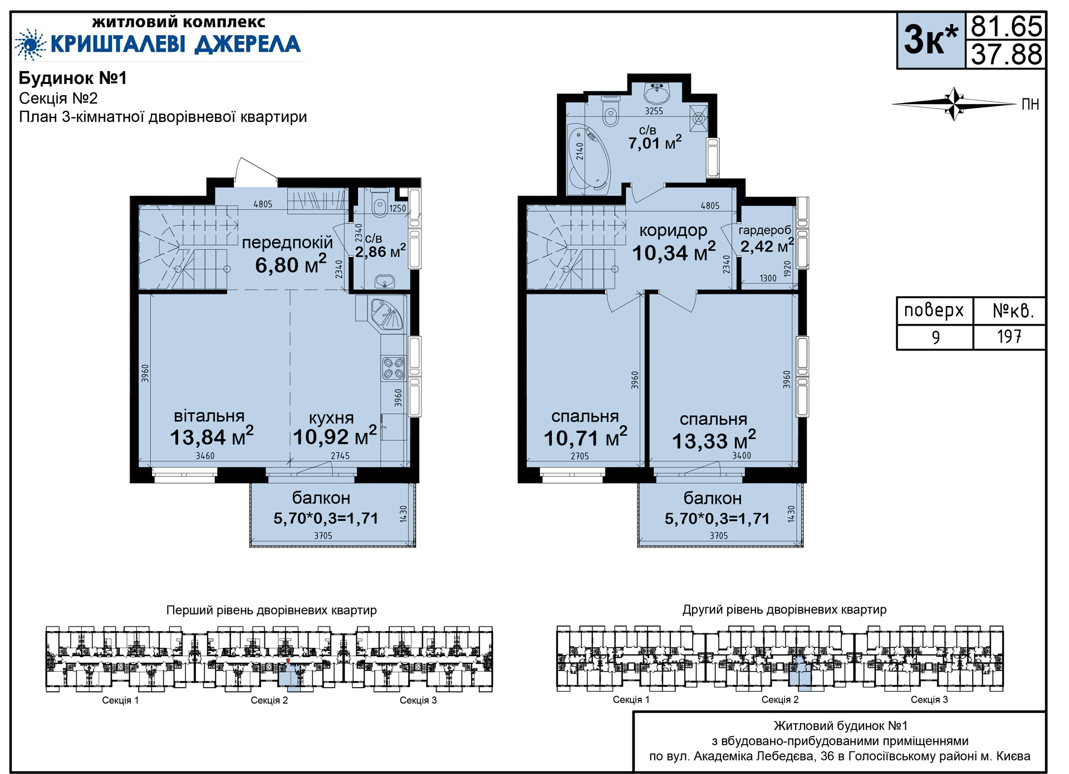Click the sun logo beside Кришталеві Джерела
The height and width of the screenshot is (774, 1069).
coord(30,44)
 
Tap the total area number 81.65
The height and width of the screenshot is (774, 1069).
coord(1006,26)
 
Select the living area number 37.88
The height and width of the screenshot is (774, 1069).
coord(1006,55)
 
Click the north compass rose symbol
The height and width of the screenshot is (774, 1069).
coord(954,103)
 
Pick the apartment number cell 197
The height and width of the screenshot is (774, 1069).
coord(1009,337)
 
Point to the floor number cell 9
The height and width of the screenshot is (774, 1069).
coord(935,337)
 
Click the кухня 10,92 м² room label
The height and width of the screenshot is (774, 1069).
coord(335,428)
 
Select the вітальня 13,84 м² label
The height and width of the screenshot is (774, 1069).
coord(212,427)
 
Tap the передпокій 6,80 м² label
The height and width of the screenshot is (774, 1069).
coord(287,254)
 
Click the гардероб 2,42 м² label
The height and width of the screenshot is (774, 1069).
coord(767,239)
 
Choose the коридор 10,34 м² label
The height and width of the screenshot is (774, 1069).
coord(674,242)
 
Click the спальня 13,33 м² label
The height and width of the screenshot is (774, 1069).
coord(714,431)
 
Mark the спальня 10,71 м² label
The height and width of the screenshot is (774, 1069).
coord(585,428)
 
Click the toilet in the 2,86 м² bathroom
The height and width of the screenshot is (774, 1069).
coord(380,205)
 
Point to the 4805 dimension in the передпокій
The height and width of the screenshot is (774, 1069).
coord(263,204)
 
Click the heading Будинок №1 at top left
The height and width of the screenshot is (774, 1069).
coord(73,78)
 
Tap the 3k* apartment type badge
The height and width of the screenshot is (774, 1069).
coord(931,41)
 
